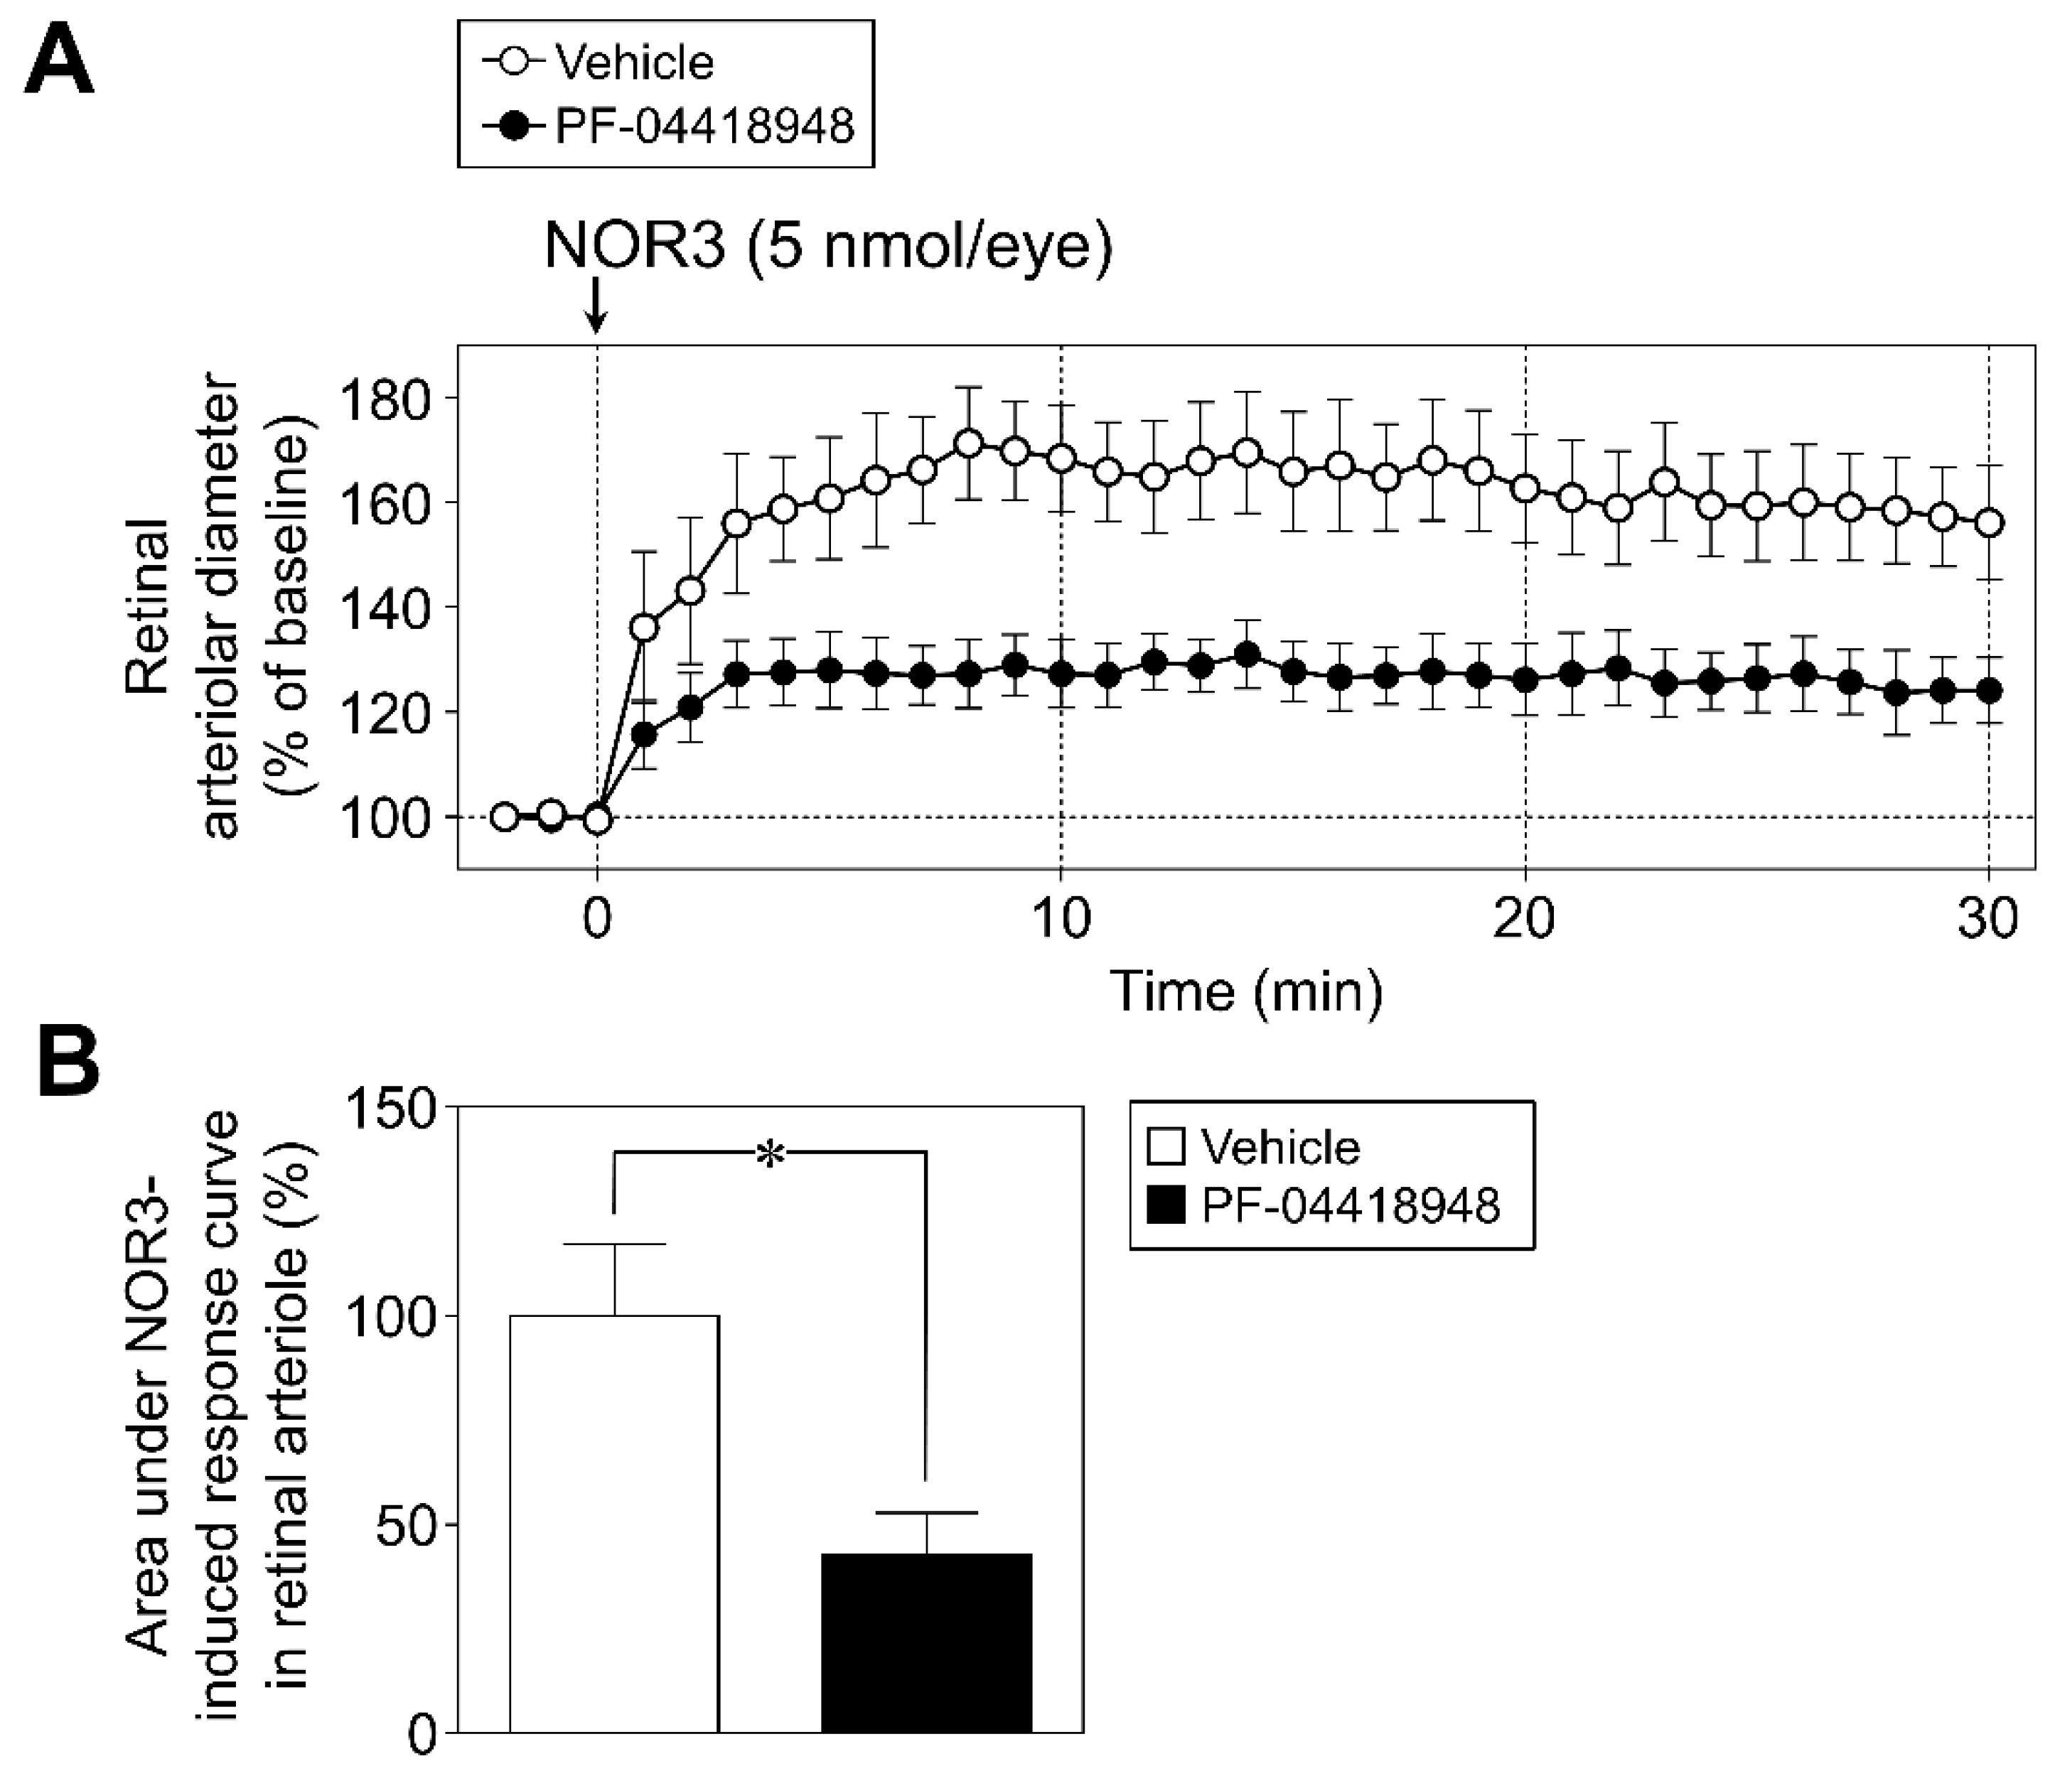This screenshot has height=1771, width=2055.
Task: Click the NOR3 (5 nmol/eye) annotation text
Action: [828, 246]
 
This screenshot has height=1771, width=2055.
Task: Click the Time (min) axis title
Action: [1245, 991]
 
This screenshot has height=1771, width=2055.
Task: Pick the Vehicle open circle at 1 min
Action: [644, 628]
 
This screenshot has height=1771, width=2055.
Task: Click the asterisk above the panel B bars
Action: [770, 1154]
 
